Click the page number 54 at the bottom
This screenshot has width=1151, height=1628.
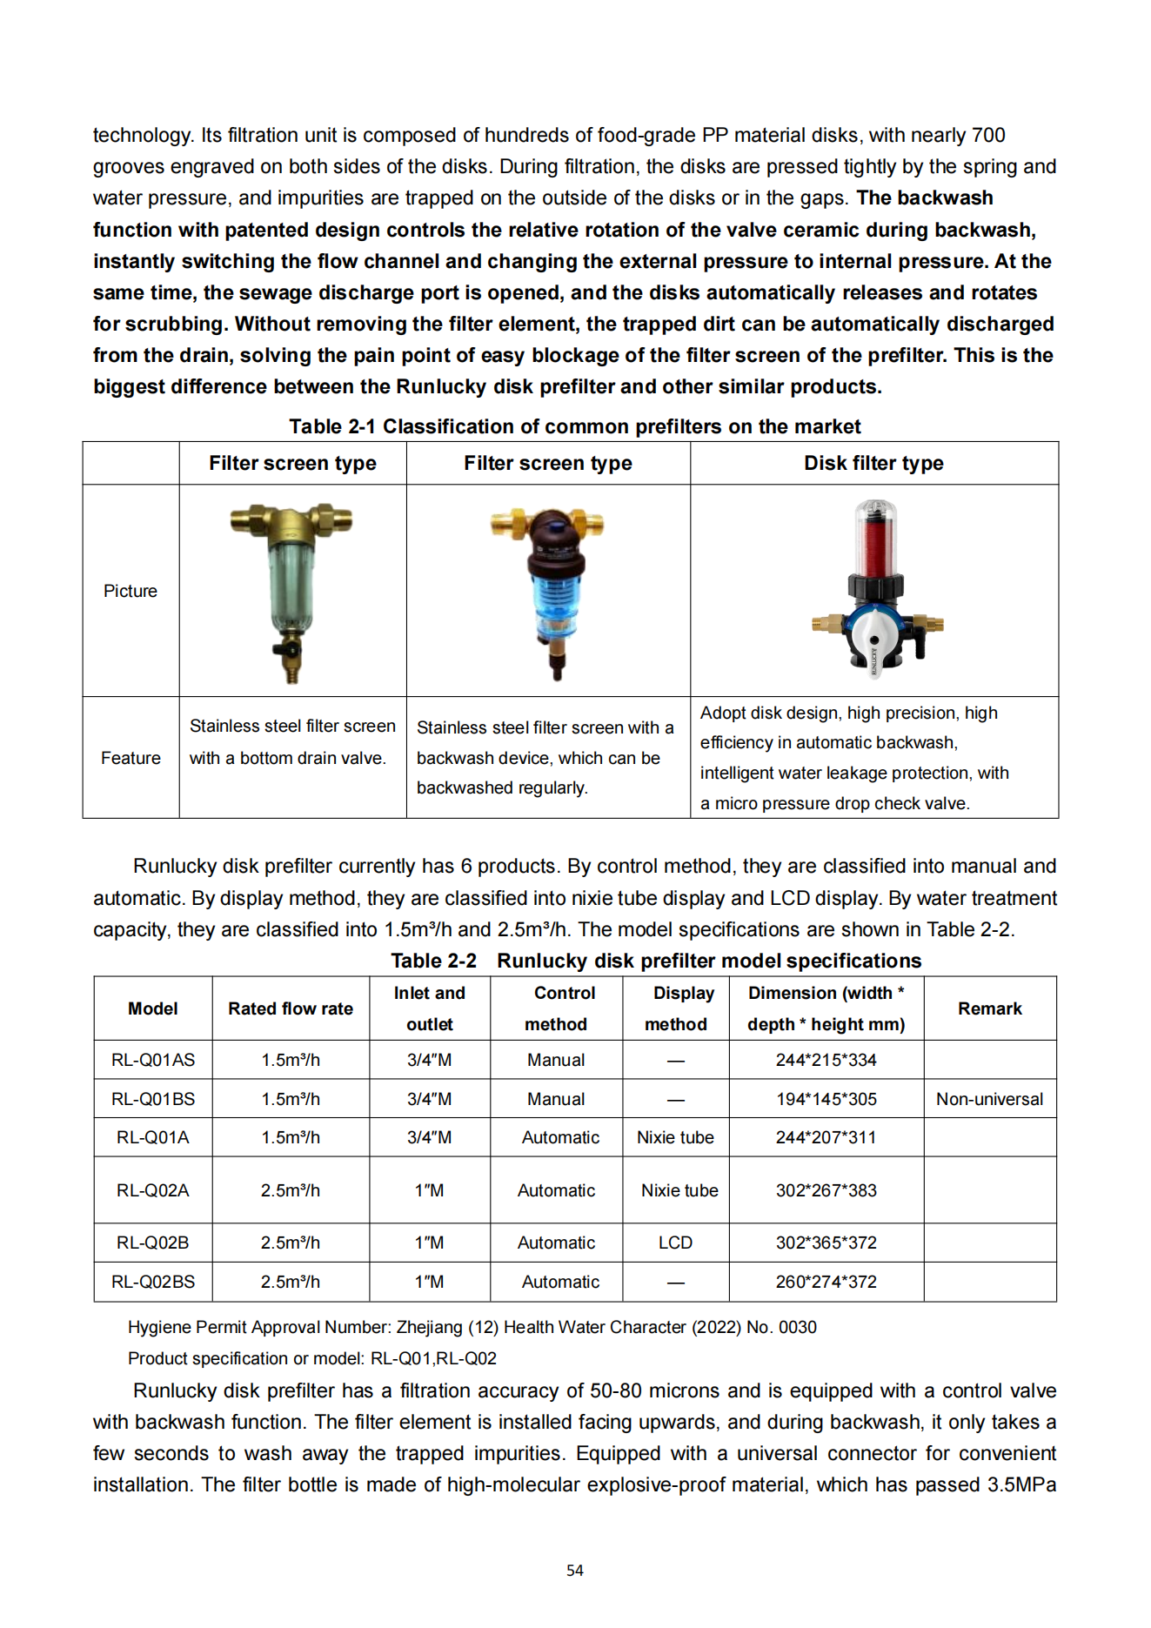tap(574, 1570)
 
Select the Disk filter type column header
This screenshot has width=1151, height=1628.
tap(873, 463)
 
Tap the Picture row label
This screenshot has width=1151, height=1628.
tap(130, 591)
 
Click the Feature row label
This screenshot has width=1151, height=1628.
tap(130, 758)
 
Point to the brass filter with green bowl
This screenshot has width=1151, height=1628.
tap(291, 583)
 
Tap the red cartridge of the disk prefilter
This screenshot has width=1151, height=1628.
tap(875, 539)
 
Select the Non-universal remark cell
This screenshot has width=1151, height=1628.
tap(989, 1099)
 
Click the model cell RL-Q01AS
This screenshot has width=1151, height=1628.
tap(153, 1060)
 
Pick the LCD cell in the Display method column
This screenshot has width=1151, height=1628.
tap(675, 1243)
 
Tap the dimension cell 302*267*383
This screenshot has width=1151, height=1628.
tap(826, 1190)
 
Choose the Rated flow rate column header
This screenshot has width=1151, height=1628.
tap(291, 1008)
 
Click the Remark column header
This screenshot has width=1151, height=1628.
tap(989, 1008)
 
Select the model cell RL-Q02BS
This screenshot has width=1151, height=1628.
tap(153, 1282)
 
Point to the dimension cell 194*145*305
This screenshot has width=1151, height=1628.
tap(826, 1099)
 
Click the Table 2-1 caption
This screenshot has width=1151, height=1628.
tap(574, 426)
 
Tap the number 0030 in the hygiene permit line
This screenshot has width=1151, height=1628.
tap(797, 1327)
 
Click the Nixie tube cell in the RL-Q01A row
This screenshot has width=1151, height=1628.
tap(675, 1137)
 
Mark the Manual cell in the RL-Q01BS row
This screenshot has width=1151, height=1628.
tap(556, 1099)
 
